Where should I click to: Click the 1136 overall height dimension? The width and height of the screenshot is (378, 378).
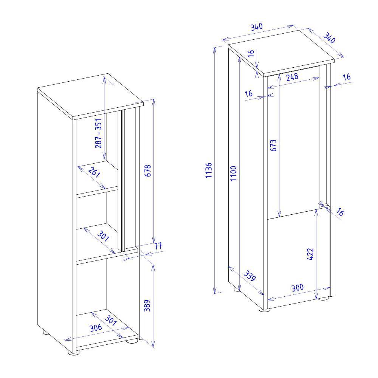pyautogui.click(x=209, y=170)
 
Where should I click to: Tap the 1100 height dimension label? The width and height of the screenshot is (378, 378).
pyautogui.click(x=233, y=174)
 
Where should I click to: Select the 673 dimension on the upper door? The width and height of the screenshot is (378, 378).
pyautogui.click(x=273, y=146)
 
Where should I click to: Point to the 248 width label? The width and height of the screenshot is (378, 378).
pyautogui.click(x=292, y=77)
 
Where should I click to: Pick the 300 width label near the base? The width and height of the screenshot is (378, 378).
pyautogui.click(x=297, y=288)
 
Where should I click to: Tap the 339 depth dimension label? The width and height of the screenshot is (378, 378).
pyautogui.click(x=249, y=276)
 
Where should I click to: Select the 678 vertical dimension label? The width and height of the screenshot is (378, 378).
pyautogui.click(x=147, y=171)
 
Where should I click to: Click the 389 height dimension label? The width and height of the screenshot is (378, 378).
pyautogui.click(x=147, y=305)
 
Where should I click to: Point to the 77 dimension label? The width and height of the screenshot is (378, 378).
pyautogui.click(x=158, y=246)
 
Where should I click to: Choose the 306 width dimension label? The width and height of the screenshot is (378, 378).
pyautogui.click(x=96, y=328)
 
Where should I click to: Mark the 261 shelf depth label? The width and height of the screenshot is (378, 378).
pyautogui.click(x=94, y=172)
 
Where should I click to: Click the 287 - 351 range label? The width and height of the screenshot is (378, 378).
pyautogui.click(x=98, y=133)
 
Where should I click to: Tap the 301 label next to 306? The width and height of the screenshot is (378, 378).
pyautogui.click(x=111, y=321)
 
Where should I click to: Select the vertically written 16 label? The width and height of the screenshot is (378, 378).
pyautogui.click(x=251, y=53)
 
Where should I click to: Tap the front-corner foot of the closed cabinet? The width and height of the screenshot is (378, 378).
pyautogui.click(x=265, y=309)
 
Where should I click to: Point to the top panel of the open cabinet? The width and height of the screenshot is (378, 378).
pyautogui.click(x=90, y=96)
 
